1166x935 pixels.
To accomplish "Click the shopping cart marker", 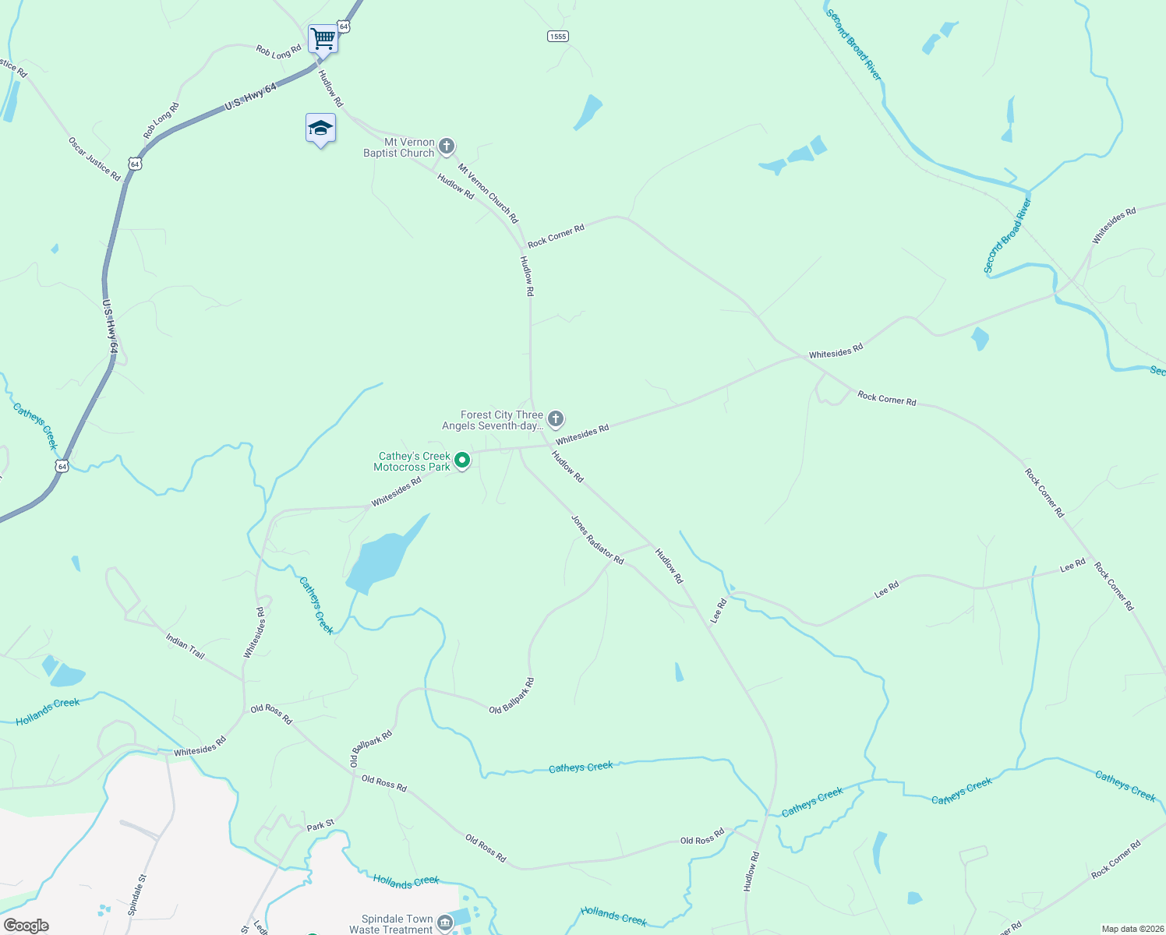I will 323,37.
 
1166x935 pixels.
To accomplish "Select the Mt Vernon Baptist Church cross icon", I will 447,146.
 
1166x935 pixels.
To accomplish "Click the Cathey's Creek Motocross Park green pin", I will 462,460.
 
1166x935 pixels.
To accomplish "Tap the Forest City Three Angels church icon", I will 556,419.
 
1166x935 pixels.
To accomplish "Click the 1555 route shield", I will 557,37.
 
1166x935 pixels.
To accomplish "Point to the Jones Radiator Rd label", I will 598,539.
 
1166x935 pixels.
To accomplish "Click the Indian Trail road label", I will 185,646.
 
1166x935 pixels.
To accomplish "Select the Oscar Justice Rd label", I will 94,160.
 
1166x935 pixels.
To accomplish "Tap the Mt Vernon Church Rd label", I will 488,193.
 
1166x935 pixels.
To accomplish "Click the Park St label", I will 320,824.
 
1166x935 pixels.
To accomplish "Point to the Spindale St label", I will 137,895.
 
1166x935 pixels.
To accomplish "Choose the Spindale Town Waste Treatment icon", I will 445,924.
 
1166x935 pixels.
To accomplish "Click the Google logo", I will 26,926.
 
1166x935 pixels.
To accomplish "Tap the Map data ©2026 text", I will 1132,929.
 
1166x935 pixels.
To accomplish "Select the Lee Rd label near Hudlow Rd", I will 719,611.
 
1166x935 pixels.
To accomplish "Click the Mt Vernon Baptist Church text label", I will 399,147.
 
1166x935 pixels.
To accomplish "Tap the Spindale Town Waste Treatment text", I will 397,924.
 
